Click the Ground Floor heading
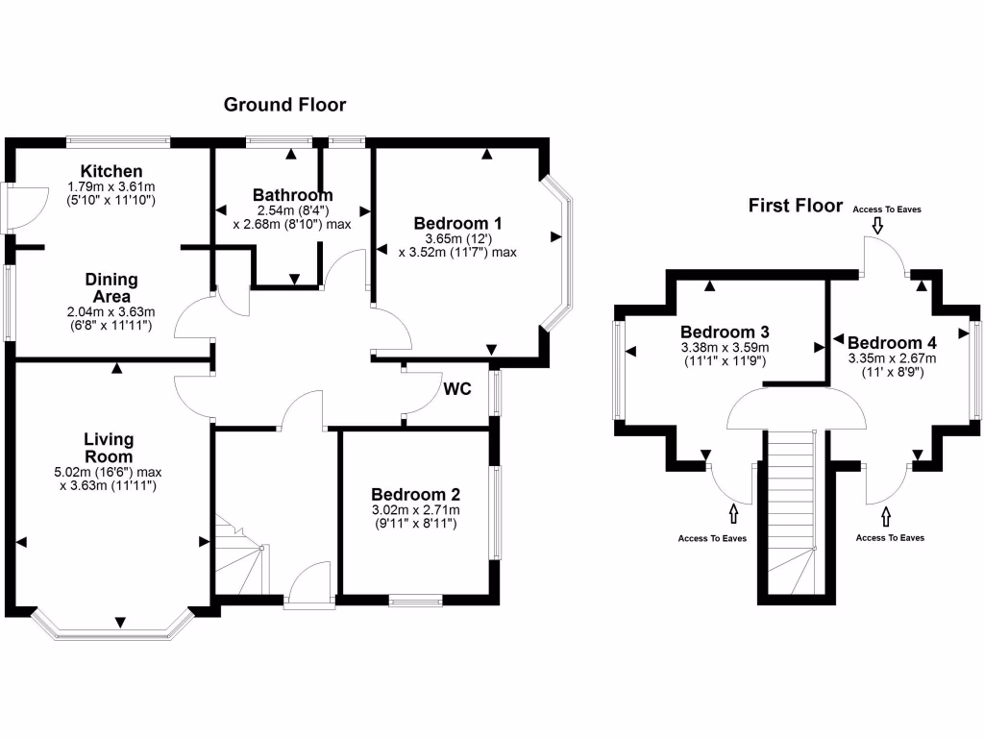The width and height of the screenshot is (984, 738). pyautogui.click(x=284, y=105)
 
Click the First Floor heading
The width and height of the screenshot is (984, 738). pyautogui.click(x=796, y=206)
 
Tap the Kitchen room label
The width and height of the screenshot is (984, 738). pyautogui.click(x=111, y=171)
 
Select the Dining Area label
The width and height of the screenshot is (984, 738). pyautogui.click(x=111, y=287)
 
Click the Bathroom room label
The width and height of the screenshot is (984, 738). pyautogui.click(x=293, y=195)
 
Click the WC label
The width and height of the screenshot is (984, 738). pyautogui.click(x=457, y=390)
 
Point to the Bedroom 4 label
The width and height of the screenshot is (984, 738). pyautogui.click(x=892, y=343)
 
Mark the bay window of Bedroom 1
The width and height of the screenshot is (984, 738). pyautogui.click(x=560, y=252)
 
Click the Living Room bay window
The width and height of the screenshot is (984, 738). pyautogui.click(x=111, y=627)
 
